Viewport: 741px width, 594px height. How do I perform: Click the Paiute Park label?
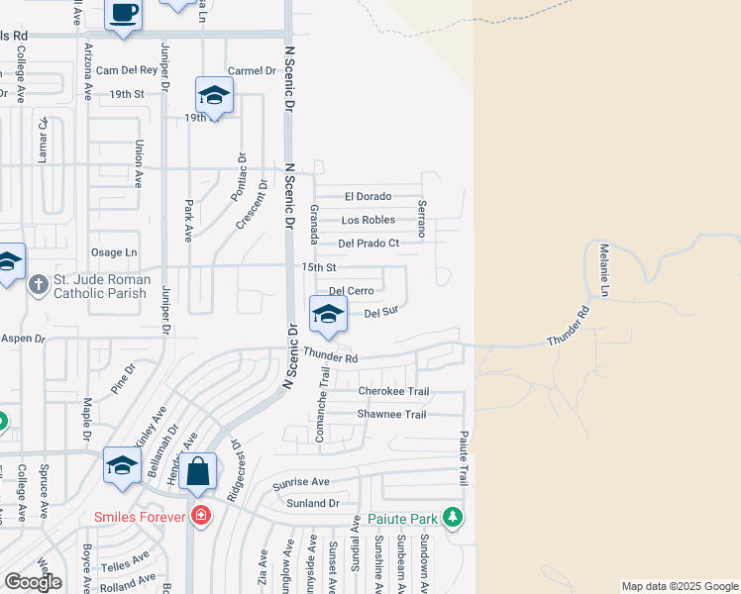click(401, 518)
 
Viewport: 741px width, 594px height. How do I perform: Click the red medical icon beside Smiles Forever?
click(201, 516)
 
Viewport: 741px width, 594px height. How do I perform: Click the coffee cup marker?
click(124, 14)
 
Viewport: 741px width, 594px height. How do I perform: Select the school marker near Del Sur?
click(328, 314)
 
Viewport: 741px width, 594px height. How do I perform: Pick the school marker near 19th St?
click(214, 95)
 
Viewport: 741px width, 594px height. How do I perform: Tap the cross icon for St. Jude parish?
click(39, 285)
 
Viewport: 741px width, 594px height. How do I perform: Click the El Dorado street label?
click(368, 196)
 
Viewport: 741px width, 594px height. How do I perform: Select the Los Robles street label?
click(368, 220)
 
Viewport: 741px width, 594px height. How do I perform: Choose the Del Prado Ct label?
click(368, 243)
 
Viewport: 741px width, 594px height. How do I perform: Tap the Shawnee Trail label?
click(391, 414)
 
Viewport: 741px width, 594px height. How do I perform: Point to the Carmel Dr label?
click(251, 71)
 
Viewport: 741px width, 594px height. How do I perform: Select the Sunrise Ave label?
click(300, 482)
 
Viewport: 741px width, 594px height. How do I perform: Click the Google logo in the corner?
click(33, 582)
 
